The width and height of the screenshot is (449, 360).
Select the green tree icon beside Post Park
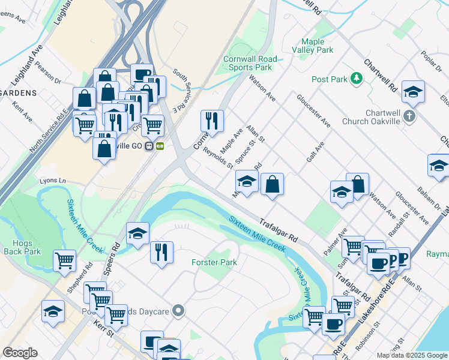[x=356, y=79]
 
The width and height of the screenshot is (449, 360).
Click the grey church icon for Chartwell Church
[x=410, y=115]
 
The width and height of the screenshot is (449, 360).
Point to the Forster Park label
[x=214, y=262]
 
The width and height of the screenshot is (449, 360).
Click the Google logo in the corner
[x=20, y=353]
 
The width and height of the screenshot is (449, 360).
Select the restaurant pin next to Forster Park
[x=161, y=251]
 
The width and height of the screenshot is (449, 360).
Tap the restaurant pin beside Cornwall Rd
[x=212, y=120]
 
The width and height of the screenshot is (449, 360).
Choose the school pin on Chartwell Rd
[x=413, y=91]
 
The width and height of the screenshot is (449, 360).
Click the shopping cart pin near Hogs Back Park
[x=64, y=260]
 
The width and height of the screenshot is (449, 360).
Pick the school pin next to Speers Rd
[x=137, y=233]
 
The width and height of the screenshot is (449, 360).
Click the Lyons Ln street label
[x=52, y=181]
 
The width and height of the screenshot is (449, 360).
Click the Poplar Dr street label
[x=427, y=63]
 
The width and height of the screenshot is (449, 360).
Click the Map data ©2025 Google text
[x=411, y=355]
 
